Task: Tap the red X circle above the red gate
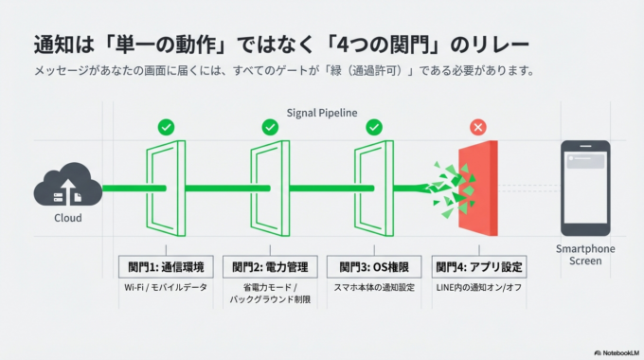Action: [478, 127]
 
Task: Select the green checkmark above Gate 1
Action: [166, 127]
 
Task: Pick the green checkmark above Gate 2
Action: [270, 127]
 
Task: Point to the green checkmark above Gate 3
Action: [374, 127]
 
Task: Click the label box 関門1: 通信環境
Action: [166, 266]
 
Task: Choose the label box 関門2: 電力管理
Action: [270, 266]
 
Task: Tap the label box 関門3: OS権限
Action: [374, 266]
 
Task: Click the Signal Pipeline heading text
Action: [322, 113]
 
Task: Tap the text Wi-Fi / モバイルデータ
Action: [166, 287]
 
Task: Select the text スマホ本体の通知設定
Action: [374, 287]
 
